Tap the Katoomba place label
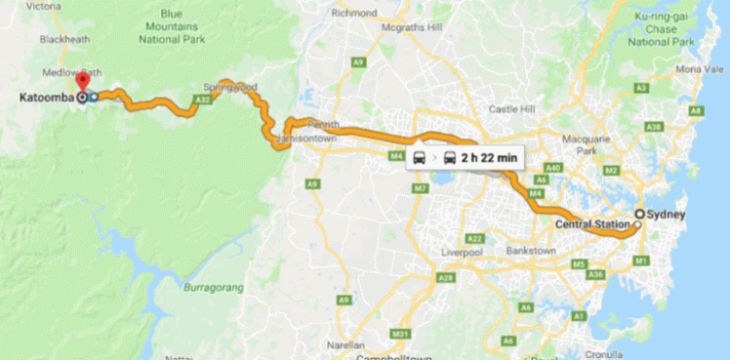(45, 98)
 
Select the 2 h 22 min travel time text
(493, 157)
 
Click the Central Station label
(591, 225)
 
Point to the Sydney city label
(668, 214)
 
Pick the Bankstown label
(531, 251)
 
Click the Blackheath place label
(66, 39)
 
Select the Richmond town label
(353, 14)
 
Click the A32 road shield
(203, 100)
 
